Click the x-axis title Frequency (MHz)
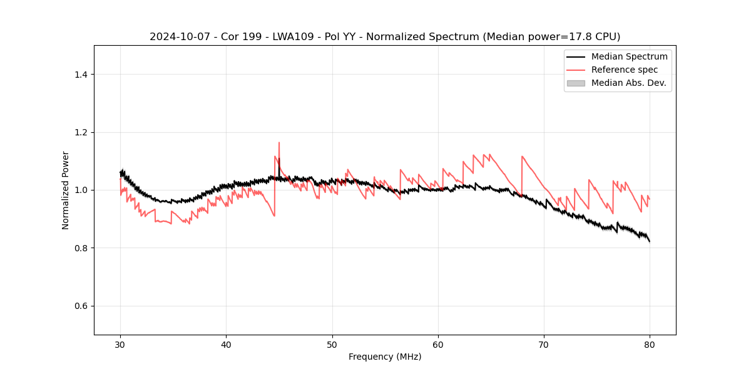(385, 357)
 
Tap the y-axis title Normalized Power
(66, 190)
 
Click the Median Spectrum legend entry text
(629, 56)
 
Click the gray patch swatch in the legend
(576, 83)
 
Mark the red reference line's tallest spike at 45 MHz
(279, 143)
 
